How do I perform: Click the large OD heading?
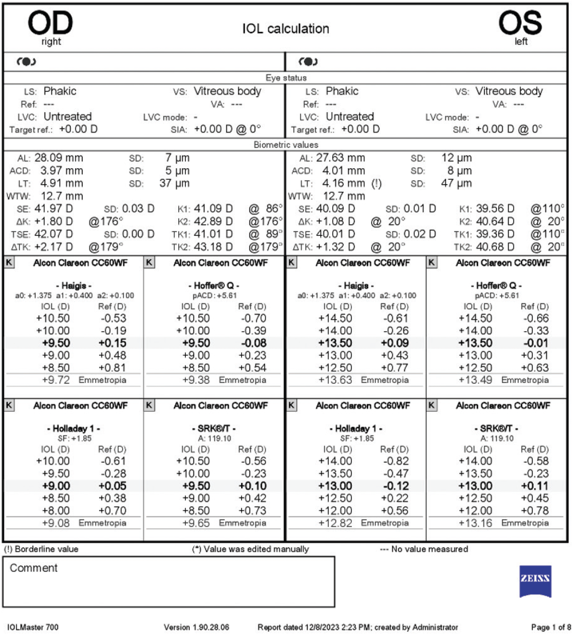50,23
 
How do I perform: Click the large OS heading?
520,23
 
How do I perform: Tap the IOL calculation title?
286,29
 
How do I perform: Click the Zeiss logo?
535,580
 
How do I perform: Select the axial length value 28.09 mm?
58,158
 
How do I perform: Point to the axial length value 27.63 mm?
340,158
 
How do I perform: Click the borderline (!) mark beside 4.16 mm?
376,183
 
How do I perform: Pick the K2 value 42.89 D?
213,221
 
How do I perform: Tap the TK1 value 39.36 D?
495,234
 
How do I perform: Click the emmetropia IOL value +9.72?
56,380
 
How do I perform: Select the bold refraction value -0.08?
253,343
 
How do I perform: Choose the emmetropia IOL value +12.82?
335,523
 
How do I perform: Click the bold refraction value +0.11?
535,486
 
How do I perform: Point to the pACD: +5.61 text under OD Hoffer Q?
214,296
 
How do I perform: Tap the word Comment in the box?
33,568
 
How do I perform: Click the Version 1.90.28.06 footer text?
197,627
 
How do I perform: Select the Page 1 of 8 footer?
551,627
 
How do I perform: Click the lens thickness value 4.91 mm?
62,183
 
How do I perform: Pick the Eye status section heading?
286,78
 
